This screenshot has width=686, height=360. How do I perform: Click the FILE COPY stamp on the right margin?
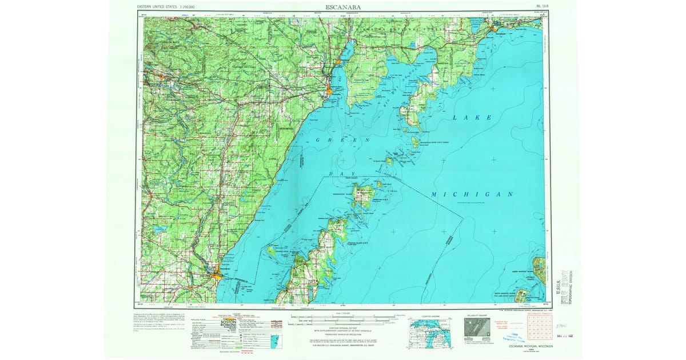pos(567,286)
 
